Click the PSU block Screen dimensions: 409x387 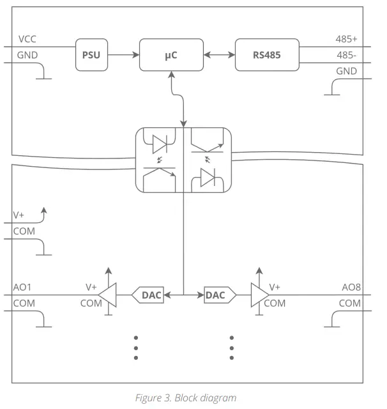pos(91,55)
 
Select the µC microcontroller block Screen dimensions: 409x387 pos(171,55)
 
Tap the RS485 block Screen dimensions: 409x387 pos(266,55)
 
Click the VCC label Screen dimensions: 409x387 pos(27,40)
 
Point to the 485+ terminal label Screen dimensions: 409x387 pos(346,40)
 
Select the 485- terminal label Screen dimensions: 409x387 pos(346,55)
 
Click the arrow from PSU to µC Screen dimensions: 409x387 pos(123,55)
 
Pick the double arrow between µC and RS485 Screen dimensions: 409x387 pos(219,55)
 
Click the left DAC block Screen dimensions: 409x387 pos(148,295)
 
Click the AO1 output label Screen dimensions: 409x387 pos(22,288)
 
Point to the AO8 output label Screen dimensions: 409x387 pos(351,288)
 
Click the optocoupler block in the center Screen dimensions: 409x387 pos(183,160)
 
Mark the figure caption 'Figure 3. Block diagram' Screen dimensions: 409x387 pos(185,397)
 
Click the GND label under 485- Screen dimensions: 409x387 pos(346,71)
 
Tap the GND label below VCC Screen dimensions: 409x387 pos(27,55)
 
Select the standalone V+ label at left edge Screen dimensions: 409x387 pos(19,215)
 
